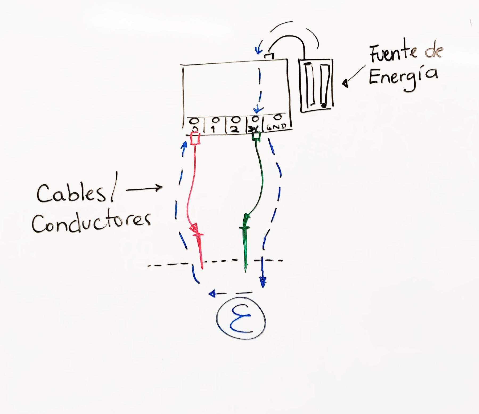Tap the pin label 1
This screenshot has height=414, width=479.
[x=213, y=129]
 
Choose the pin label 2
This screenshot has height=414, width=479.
[x=234, y=129]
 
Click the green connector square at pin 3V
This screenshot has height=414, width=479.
[x=256, y=136]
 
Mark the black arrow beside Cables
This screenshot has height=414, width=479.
[x=144, y=189]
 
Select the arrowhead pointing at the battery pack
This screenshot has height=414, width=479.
[x=345, y=84]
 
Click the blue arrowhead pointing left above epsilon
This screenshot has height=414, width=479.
[x=212, y=294]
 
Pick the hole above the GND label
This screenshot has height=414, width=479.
[x=278, y=117]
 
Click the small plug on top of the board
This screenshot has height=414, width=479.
[x=269, y=57]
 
